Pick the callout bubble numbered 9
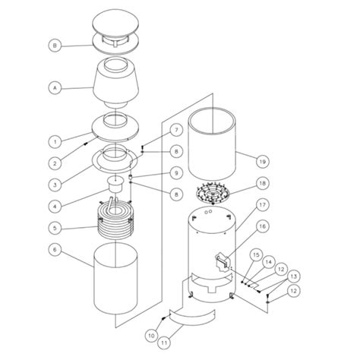(x=176, y=172)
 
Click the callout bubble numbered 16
(x=262, y=226)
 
